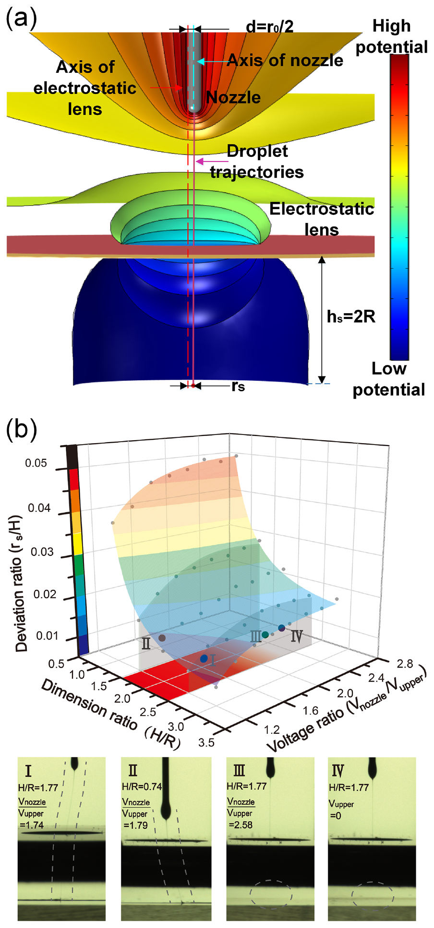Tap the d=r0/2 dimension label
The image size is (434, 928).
coord(269,26)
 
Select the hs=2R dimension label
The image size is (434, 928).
coord(351,317)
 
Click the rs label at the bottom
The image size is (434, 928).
coord(238,386)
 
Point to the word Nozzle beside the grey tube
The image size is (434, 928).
coord(233,97)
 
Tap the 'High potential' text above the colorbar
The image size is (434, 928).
coord(391,36)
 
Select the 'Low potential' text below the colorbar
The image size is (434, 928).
coord(388,379)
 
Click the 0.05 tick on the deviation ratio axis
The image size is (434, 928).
coord(36,463)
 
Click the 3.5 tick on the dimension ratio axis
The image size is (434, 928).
coord(206,742)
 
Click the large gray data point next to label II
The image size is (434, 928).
coord(162,638)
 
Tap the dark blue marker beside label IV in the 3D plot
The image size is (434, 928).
coord(282,628)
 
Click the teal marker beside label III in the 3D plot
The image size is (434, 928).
coord(265,634)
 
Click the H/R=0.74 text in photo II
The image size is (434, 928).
coord(142,787)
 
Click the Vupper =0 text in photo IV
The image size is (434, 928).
coord(341,809)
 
